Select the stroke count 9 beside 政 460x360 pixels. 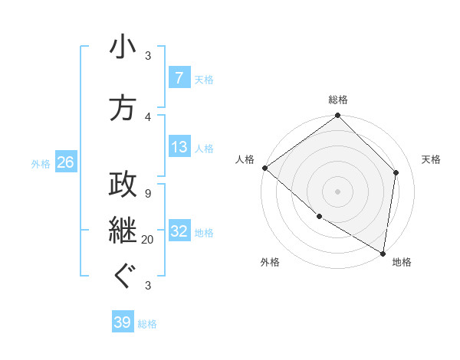(147, 194)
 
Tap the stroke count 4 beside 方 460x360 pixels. (148, 116)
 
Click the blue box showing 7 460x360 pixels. (179, 78)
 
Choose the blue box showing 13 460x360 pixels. (179, 147)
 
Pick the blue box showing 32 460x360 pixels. (179, 231)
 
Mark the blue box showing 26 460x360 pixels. (65, 162)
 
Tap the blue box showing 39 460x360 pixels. (123, 322)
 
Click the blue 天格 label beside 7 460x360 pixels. (204, 79)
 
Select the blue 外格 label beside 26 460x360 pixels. (41, 163)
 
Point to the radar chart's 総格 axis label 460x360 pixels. (338, 100)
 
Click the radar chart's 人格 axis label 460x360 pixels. (245, 159)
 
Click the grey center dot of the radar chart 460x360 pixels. (338, 191)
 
